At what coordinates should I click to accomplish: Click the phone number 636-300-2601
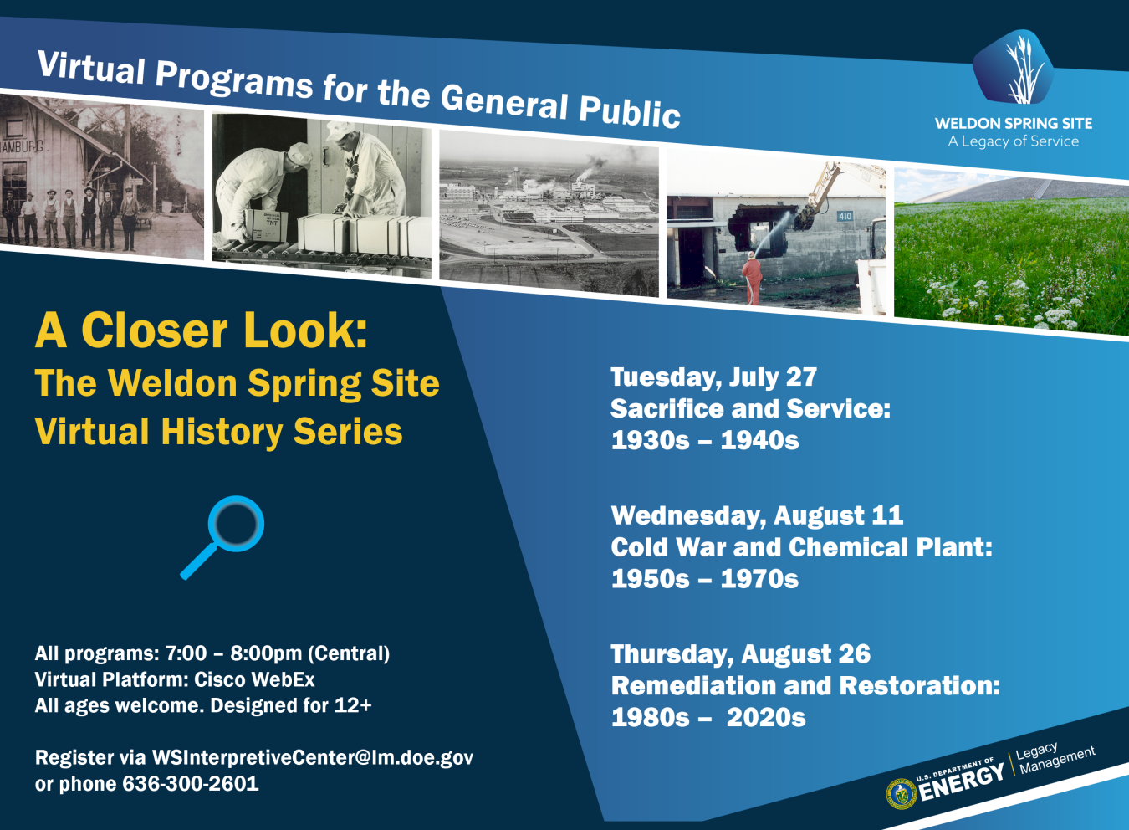(191, 784)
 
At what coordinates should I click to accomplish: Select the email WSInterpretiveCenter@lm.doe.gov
(312, 757)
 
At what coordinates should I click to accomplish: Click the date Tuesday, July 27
(713, 377)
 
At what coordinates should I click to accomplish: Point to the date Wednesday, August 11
(757, 515)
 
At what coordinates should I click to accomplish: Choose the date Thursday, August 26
(740, 654)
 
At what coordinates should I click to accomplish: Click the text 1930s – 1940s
(705, 440)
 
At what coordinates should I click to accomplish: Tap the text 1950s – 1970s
(705, 579)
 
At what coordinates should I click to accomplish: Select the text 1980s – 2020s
(708, 718)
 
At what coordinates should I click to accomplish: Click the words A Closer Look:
(202, 330)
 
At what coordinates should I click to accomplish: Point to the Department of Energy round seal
(901, 794)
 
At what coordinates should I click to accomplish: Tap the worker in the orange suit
(752, 279)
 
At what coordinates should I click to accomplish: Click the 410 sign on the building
(845, 216)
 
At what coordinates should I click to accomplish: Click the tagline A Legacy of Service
(1013, 141)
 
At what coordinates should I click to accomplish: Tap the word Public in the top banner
(630, 111)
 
